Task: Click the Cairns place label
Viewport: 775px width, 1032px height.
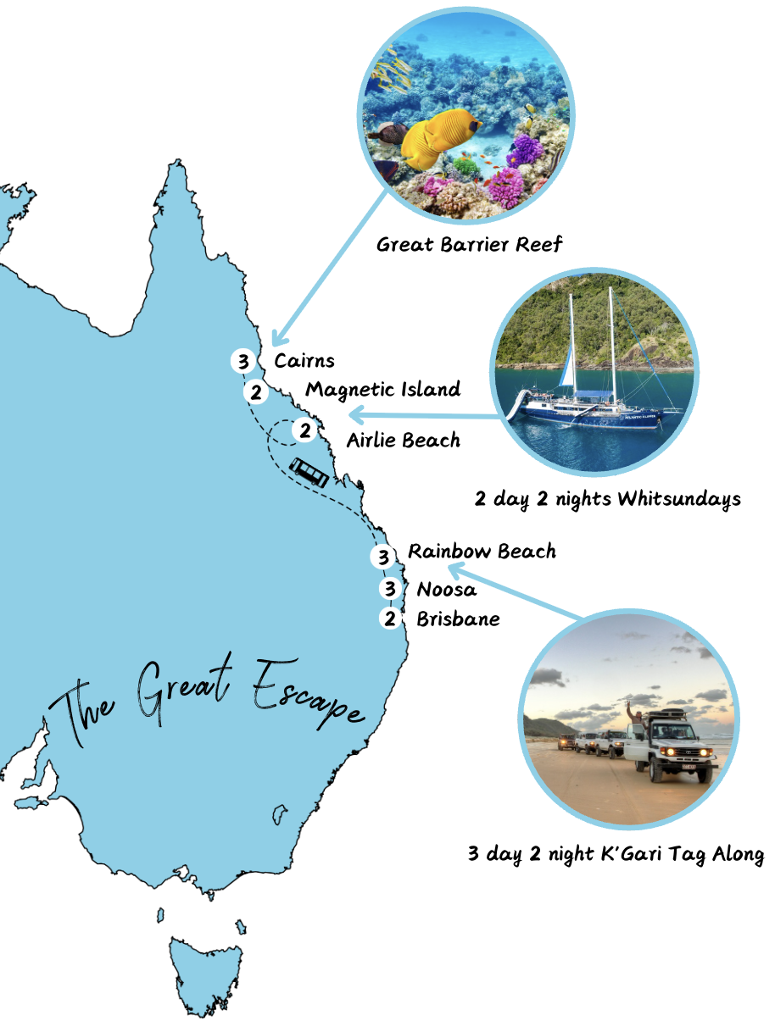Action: tap(304, 361)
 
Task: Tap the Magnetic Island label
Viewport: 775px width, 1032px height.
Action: tap(383, 390)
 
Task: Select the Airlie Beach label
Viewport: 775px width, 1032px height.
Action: tap(404, 441)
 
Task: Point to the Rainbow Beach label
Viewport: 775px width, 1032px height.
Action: tap(482, 552)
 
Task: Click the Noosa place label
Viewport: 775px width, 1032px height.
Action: tap(447, 590)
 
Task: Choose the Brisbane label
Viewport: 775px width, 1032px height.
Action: tap(458, 619)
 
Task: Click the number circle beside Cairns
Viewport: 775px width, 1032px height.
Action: tap(243, 362)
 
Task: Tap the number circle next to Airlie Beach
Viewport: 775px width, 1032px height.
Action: tap(304, 431)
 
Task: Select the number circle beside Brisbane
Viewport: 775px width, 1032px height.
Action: tap(390, 619)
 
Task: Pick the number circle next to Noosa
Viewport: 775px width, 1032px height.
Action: tap(390, 588)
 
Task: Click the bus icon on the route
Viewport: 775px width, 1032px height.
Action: tap(309, 472)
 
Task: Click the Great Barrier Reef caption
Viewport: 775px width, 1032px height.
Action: tap(470, 246)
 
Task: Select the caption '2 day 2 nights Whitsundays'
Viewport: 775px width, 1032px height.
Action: tap(607, 498)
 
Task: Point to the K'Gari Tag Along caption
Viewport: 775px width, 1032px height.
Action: tap(616, 854)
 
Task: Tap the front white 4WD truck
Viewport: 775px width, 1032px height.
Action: tap(670, 746)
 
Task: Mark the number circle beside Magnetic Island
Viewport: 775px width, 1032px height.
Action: tap(255, 392)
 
